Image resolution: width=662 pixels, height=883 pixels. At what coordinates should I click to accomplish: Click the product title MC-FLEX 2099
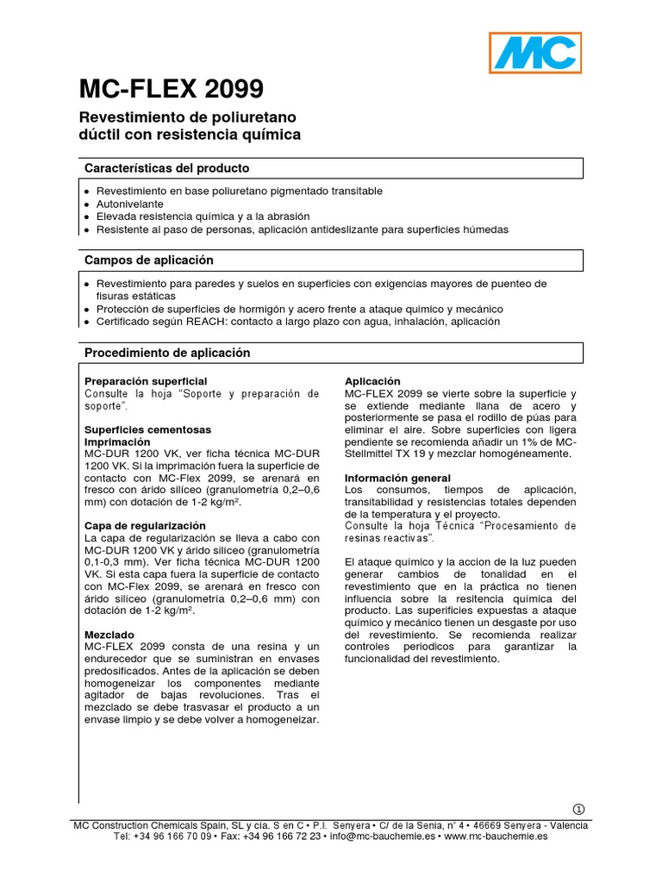pos(172,89)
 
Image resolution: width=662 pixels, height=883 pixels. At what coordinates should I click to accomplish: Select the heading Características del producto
pos(166,168)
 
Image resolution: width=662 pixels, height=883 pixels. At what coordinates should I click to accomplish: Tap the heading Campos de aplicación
pos(148,260)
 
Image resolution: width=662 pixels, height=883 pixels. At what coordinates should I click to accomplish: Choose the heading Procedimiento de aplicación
pos(166,353)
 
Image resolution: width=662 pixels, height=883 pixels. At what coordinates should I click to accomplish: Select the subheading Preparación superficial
pos(146,381)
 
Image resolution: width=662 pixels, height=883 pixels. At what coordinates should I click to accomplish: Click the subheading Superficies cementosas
pos(147,429)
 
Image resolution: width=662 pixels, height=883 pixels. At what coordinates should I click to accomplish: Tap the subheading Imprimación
pos(117,441)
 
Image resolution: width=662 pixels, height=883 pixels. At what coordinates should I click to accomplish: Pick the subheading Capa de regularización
pos(145,525)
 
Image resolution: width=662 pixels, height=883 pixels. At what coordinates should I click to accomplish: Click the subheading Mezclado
pos(109,634)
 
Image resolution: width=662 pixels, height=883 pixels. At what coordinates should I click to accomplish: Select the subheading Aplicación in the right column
pos(373,381)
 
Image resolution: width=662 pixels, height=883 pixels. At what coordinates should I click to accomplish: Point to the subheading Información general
pos(397,478)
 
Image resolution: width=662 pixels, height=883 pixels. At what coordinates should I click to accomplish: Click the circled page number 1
pos(578,809)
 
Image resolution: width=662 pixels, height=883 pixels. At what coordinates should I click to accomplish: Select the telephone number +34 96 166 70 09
pos(173,836)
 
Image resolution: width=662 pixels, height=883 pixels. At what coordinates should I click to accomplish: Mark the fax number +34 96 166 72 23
pos(282,836)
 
